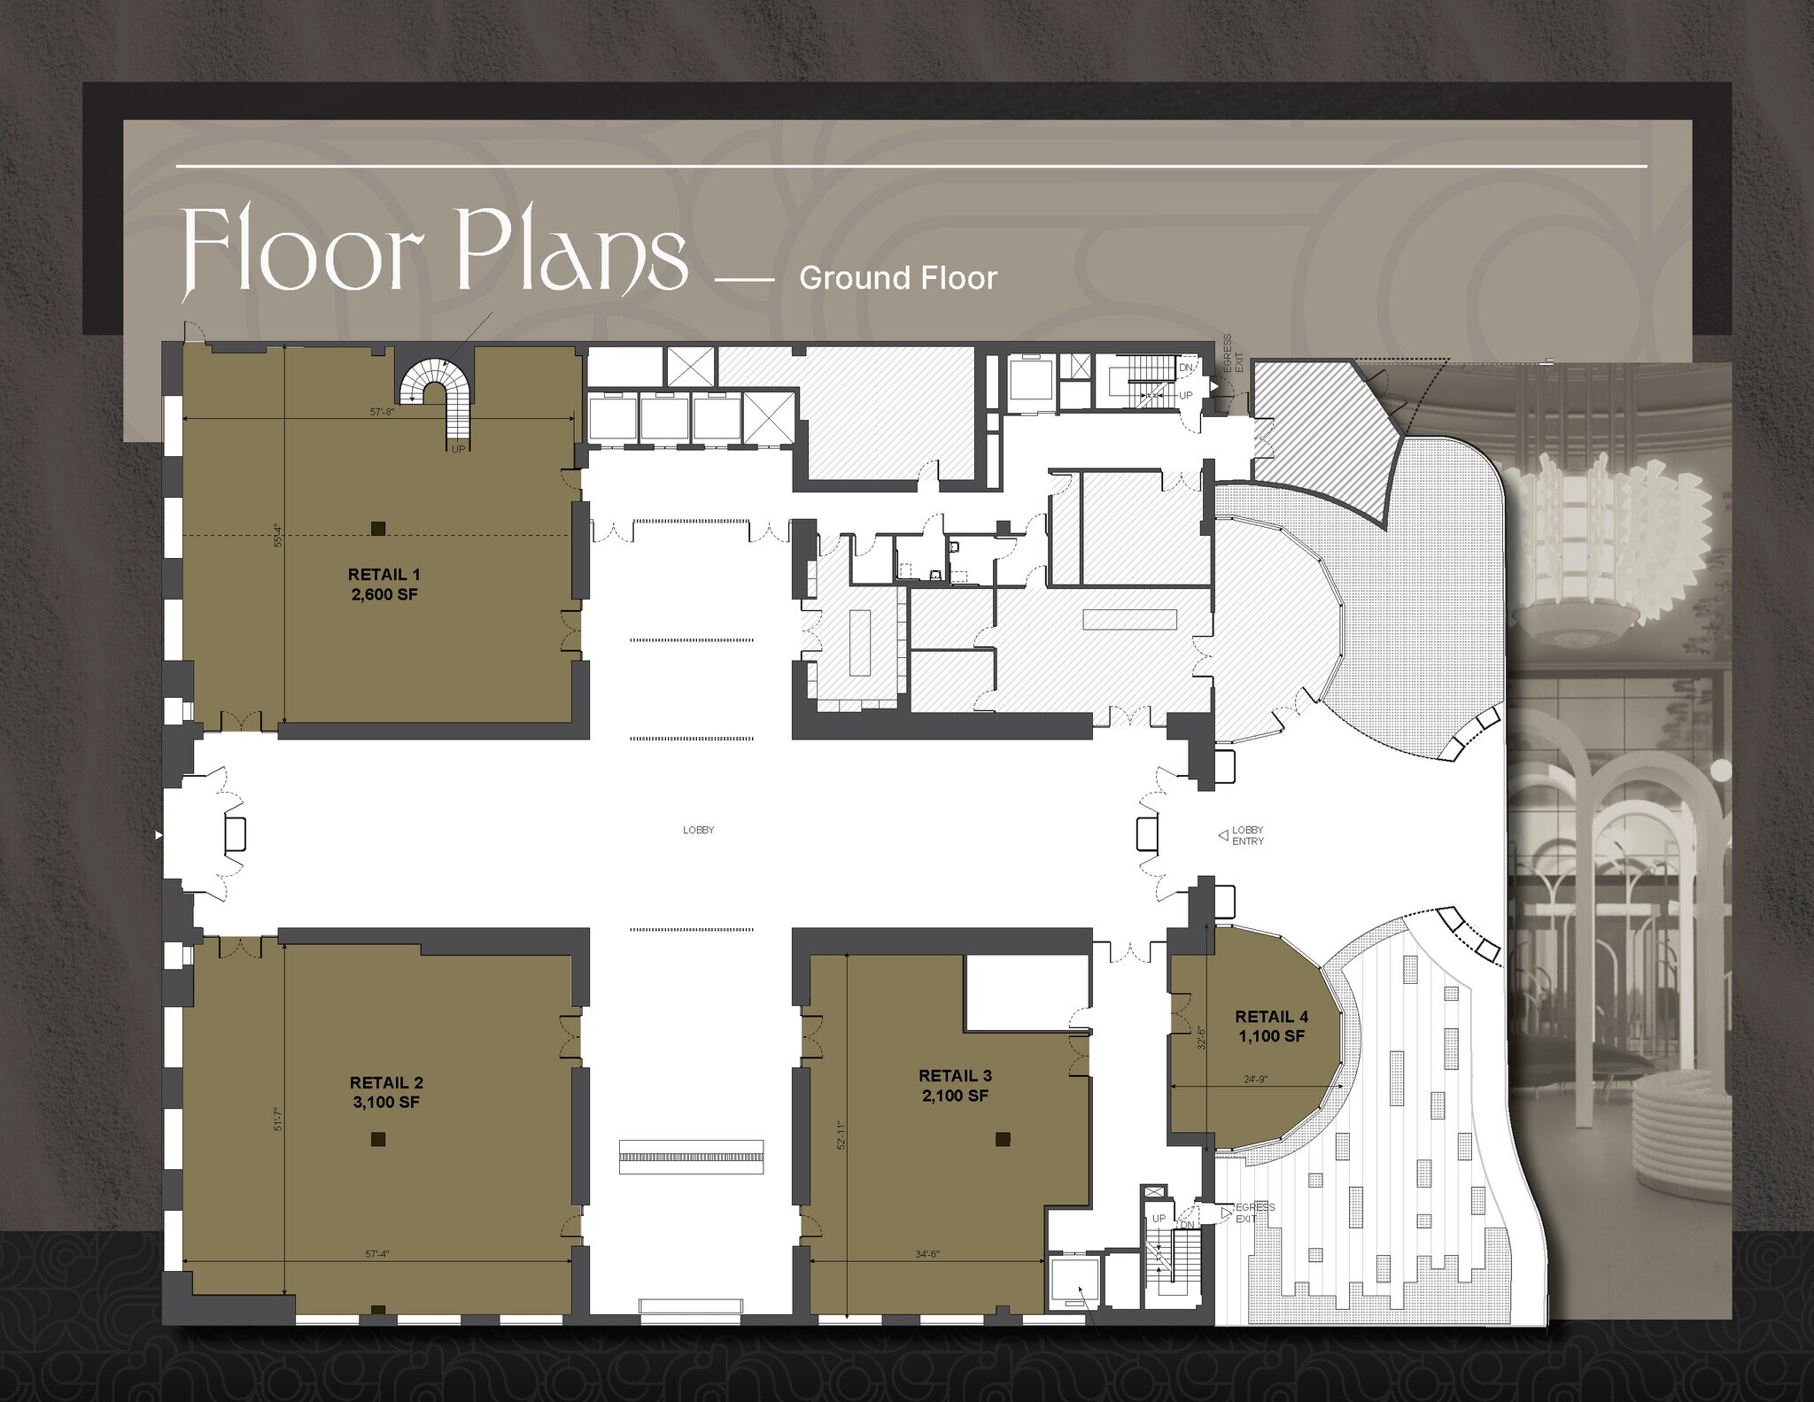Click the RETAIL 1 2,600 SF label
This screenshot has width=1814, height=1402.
click(384, 585)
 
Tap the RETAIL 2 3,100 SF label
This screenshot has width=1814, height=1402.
click(386, 1092)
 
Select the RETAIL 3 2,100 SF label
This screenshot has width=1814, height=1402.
click(955, 1085)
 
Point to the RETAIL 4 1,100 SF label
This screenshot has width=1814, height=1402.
click(1271, 1026)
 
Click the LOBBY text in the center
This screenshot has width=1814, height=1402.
click(698, 830)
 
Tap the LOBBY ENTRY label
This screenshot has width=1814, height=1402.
click(1247, 835)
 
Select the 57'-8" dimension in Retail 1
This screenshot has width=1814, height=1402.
click(382, 411)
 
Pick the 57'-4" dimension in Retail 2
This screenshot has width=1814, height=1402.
click(378, 1254)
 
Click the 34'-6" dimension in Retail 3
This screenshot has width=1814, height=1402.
click(926, 1254)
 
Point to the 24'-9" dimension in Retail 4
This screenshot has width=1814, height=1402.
click(1256, 1080)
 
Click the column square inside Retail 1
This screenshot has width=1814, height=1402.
click(378, 529)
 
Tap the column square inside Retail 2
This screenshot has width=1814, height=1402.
click(378, 1139)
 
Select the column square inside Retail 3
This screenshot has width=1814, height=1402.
click(1003, 1139)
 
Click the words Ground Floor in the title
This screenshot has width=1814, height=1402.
click(897, 278)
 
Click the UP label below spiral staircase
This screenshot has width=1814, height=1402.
click(458, 449)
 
